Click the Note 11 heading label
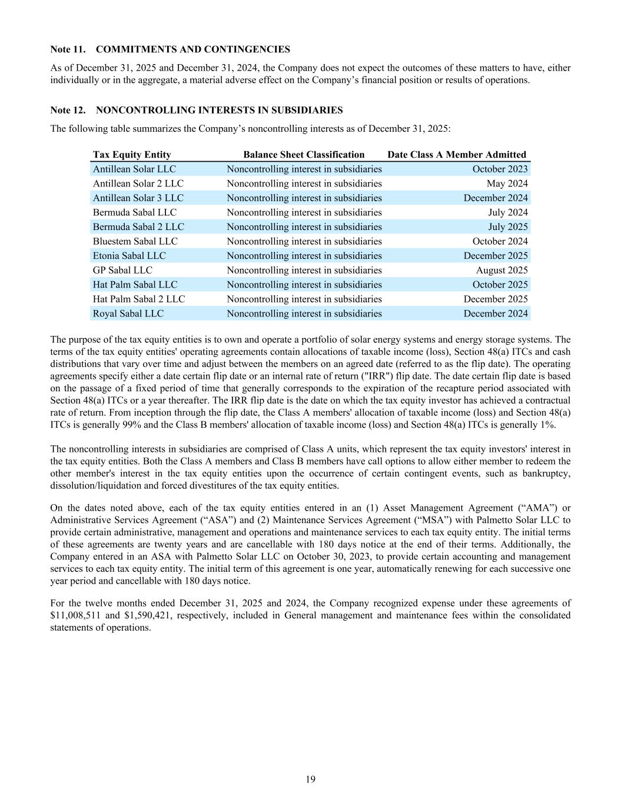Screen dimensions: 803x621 pos(69,49)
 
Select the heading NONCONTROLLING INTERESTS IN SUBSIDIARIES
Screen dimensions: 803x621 pos(219,110)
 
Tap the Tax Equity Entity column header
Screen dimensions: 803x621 pos(132,155)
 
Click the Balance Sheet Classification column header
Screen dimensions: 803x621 pos(304,155)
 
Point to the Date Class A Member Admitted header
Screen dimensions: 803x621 pos(457,155)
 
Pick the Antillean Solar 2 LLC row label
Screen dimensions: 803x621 pos(138,184)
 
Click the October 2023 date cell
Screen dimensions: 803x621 pos(500,169)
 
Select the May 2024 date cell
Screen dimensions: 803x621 pos(507,184)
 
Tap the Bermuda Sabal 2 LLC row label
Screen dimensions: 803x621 pos(138,227)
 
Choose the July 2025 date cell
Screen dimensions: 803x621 pos(508,227)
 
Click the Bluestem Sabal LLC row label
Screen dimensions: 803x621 pos(135,241)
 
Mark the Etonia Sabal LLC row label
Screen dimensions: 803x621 pos(129,256)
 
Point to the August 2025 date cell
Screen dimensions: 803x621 pos(502,270)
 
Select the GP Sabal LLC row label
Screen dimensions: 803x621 pos(122,270)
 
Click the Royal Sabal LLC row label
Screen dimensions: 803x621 pos(128,314)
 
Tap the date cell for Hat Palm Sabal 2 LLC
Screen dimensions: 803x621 pos(495,299)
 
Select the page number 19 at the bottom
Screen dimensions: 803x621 pos(311,779)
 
